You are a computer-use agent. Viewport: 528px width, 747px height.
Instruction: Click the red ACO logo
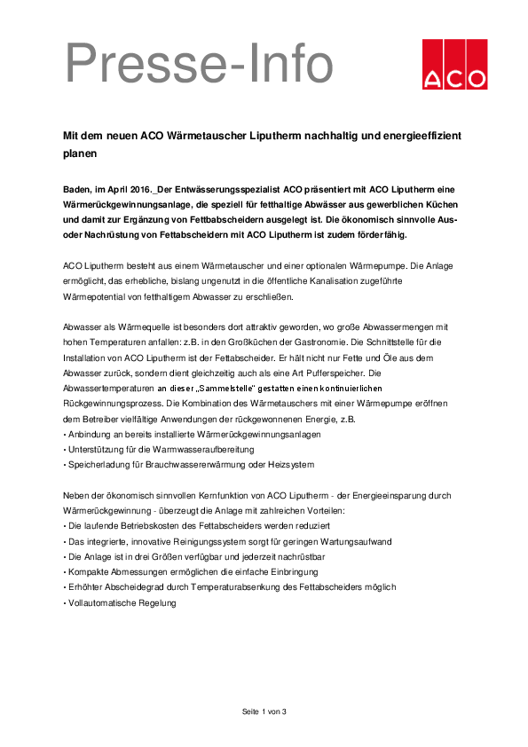(454, 64)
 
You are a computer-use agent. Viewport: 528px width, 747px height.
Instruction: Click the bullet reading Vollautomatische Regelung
(122, 603)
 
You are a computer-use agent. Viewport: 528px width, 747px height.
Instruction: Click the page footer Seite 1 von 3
(264, 712)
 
